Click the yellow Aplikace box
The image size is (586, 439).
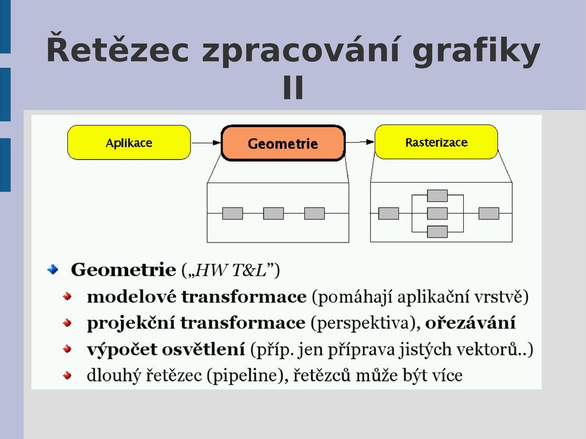coord(129,143)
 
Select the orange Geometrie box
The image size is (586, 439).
coord(283,143)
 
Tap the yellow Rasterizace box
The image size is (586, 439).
coord(436,142)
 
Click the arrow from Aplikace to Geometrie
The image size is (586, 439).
coord(206,143)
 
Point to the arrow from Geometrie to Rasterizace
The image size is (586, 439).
coord(359,142)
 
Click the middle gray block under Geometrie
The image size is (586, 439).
coord(274,214)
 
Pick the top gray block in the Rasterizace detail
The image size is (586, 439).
coord(438,195)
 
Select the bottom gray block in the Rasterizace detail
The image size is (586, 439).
coord(438,231)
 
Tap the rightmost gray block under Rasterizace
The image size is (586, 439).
coord(489,214)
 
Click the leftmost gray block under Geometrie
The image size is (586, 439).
coord(232,214)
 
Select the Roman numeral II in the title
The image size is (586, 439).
coord(293,87)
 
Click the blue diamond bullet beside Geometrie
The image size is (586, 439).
coord(53,269)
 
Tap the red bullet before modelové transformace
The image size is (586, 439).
coord(67,297)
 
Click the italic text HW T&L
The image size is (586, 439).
coord(231,269)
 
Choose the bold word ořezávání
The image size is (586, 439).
coord(471,322)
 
